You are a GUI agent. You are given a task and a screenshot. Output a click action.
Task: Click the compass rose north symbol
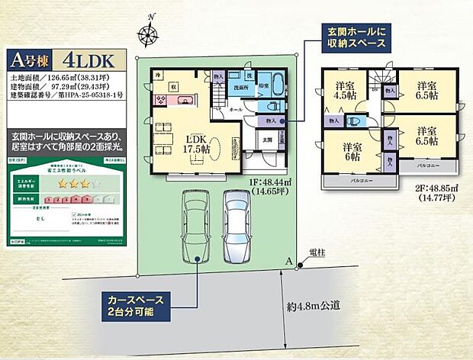[x=147, y=31]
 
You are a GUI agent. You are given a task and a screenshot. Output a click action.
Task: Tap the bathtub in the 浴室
[x=276, y=83]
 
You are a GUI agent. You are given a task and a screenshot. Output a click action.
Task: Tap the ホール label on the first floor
[x=236, y=110]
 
